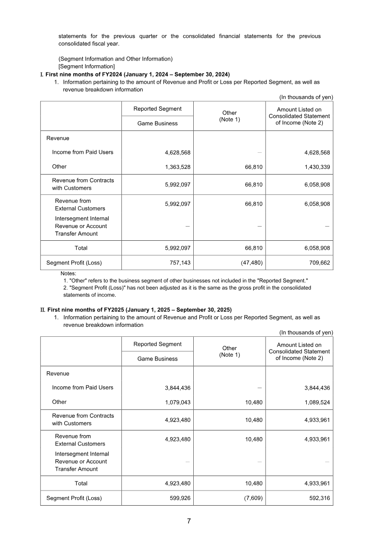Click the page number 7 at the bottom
(189, 521)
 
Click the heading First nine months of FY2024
(137, 74)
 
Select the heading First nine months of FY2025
(139, 310)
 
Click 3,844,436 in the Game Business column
(178, 388)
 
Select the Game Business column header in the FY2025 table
(157, 359)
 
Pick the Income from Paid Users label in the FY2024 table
(83, 152)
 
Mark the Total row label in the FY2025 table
(81, 483)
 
